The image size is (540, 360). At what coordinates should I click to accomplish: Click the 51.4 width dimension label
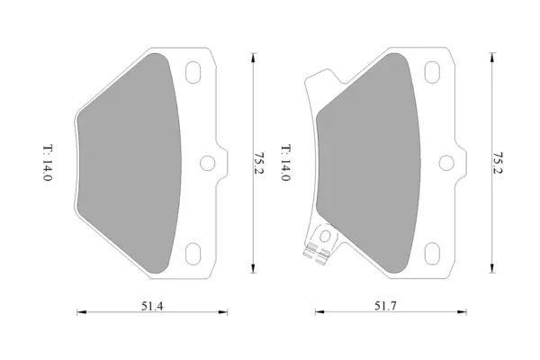(x=152, y=306)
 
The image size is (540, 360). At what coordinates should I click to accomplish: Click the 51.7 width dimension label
(x=386, y=306)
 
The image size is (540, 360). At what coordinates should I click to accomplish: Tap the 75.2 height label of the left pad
(x=258, y=163)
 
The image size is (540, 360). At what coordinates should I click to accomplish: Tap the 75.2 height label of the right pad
(x=498, y=163)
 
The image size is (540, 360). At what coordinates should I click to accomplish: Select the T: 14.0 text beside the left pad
(x=48, y=163)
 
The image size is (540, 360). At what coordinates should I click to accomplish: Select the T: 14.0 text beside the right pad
(x=286, y=163)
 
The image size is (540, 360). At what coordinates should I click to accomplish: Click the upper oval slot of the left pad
(x=193, y=72)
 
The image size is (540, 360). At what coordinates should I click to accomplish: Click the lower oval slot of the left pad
(x=193, y=254)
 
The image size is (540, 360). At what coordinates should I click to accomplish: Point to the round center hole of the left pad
(x=207, y=163)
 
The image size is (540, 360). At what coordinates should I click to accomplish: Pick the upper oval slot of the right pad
(x=432, y=72)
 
